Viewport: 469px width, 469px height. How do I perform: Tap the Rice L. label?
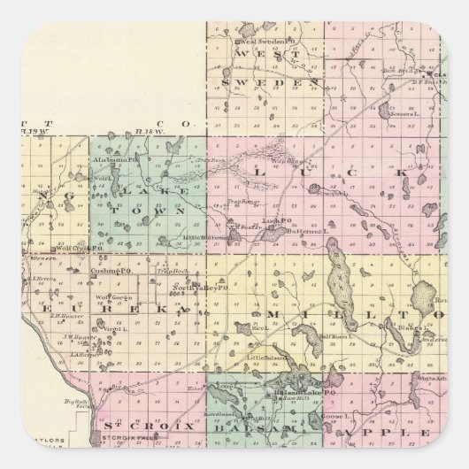click(259, 328)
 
